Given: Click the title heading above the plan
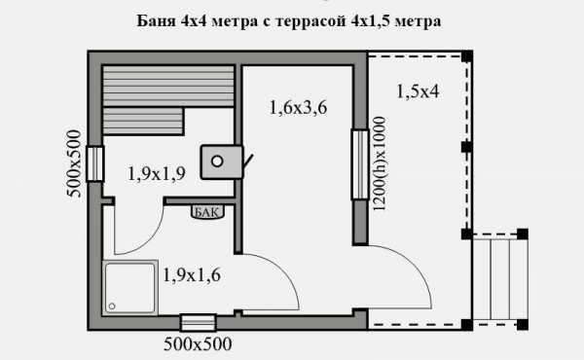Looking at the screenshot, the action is [x=289, y=20].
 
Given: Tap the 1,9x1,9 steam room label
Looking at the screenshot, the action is [x=157, y=173].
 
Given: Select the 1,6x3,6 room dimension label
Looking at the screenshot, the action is [x=298, y=108].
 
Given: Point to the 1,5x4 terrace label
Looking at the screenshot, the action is [x=418, y=91].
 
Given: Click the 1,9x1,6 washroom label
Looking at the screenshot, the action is [x=192, y=275].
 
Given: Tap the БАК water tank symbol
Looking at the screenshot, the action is [x=207, y=212].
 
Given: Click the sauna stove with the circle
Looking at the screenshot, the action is [x=222, y=162].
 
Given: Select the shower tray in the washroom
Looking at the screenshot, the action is [x=129, y=287].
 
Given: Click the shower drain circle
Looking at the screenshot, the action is [x=112, y=306].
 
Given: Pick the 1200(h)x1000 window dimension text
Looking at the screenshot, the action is [x=380, y=163].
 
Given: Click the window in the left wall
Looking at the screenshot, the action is [x=95, y=164].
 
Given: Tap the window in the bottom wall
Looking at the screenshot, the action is [x=199, y=323].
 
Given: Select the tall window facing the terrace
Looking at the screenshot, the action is [x=360, y=164].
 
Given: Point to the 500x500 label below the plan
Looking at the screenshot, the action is [x=198, y=344].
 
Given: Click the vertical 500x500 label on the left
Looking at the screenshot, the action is [x=74, y=163].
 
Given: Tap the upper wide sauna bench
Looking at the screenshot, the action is [x=168, y=86].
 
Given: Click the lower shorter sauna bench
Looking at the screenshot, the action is [x=143, y=121].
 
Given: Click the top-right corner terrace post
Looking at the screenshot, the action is [x=467, y=56].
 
